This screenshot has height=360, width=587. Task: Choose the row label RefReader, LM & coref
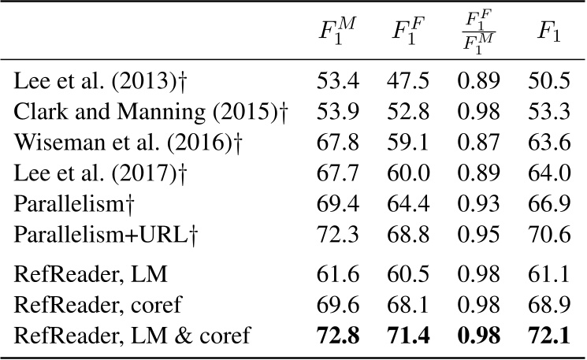pyautogui.click(x=133, y=337)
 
